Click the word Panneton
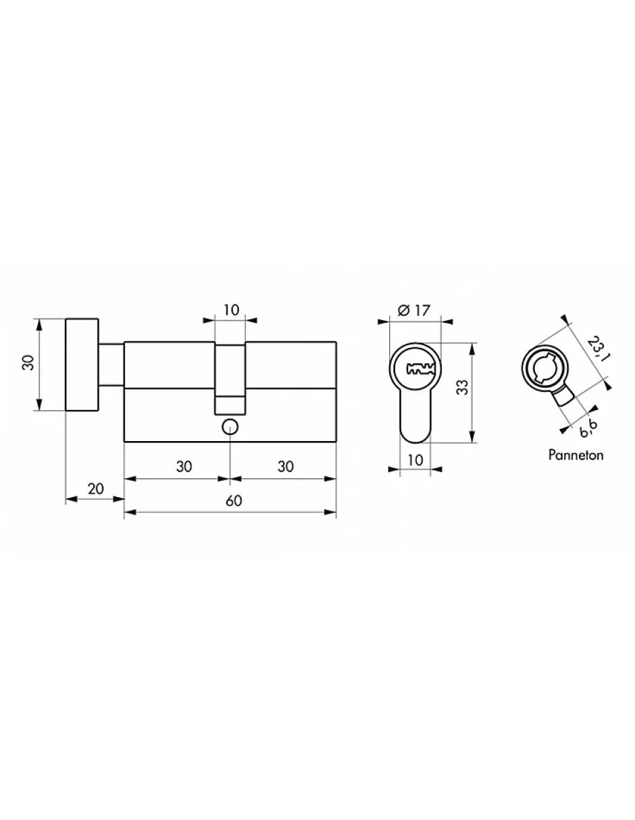pyautogui.click(x=576, y=455)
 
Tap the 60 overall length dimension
pyautogui.click(x=234, y=501)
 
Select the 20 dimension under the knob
pyautogui.click(x=95, y=488)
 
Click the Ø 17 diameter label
pyautogui.click(x=414, y=311)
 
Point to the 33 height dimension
pyautogui.click(x=462, y=387)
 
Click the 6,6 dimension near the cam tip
pyautogui.click(x=588, y=429)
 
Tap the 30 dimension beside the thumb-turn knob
pyautogui.click(x=29, y=363)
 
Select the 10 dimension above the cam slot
pyautogui.click(x=231, y=310)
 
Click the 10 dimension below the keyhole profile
pyautogui.click(x=415, y=460)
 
